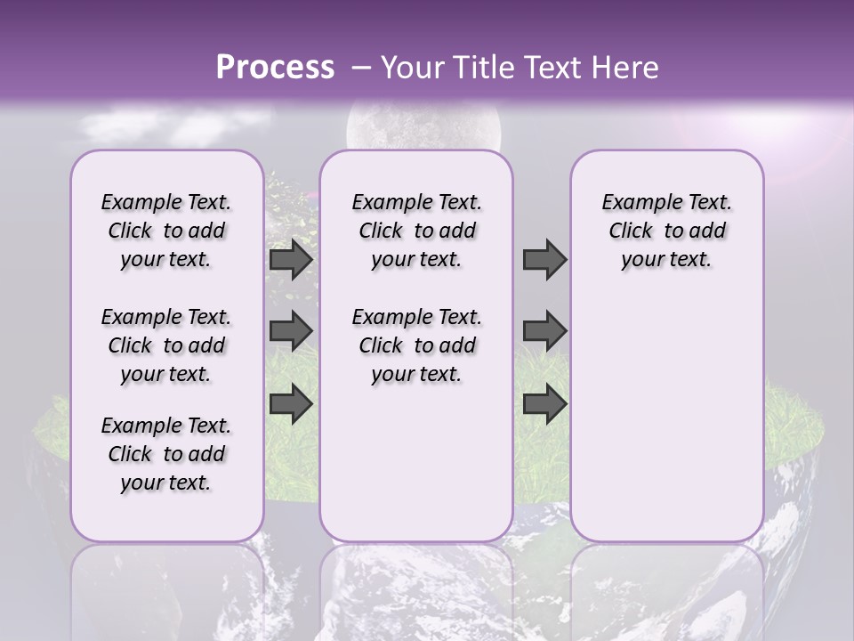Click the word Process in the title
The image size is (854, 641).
[x=275, y=68]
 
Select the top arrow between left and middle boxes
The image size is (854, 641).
[x=291, y=259]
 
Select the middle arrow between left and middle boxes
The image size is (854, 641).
[x=291, y=331]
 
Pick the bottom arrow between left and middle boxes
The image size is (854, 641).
[x=291, y=403]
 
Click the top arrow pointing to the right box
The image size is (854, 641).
[x=544, y=259]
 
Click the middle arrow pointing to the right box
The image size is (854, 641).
[x=544, y=331]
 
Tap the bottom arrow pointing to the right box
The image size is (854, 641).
[x=544, y=403]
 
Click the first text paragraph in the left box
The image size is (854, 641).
[x=166, y=231]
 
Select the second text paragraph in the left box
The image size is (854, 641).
[x=166, y=345]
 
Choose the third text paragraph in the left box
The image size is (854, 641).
[x=166, y=454]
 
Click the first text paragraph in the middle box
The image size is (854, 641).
[x=416, y=231]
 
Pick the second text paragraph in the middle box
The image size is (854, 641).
[x=416, y=345]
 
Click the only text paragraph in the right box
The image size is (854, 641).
[x=666, y=231]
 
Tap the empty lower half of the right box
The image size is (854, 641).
[x=666, y=427]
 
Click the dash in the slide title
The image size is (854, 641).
[x=361, y=68]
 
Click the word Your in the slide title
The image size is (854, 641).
[x=410, y=68]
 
